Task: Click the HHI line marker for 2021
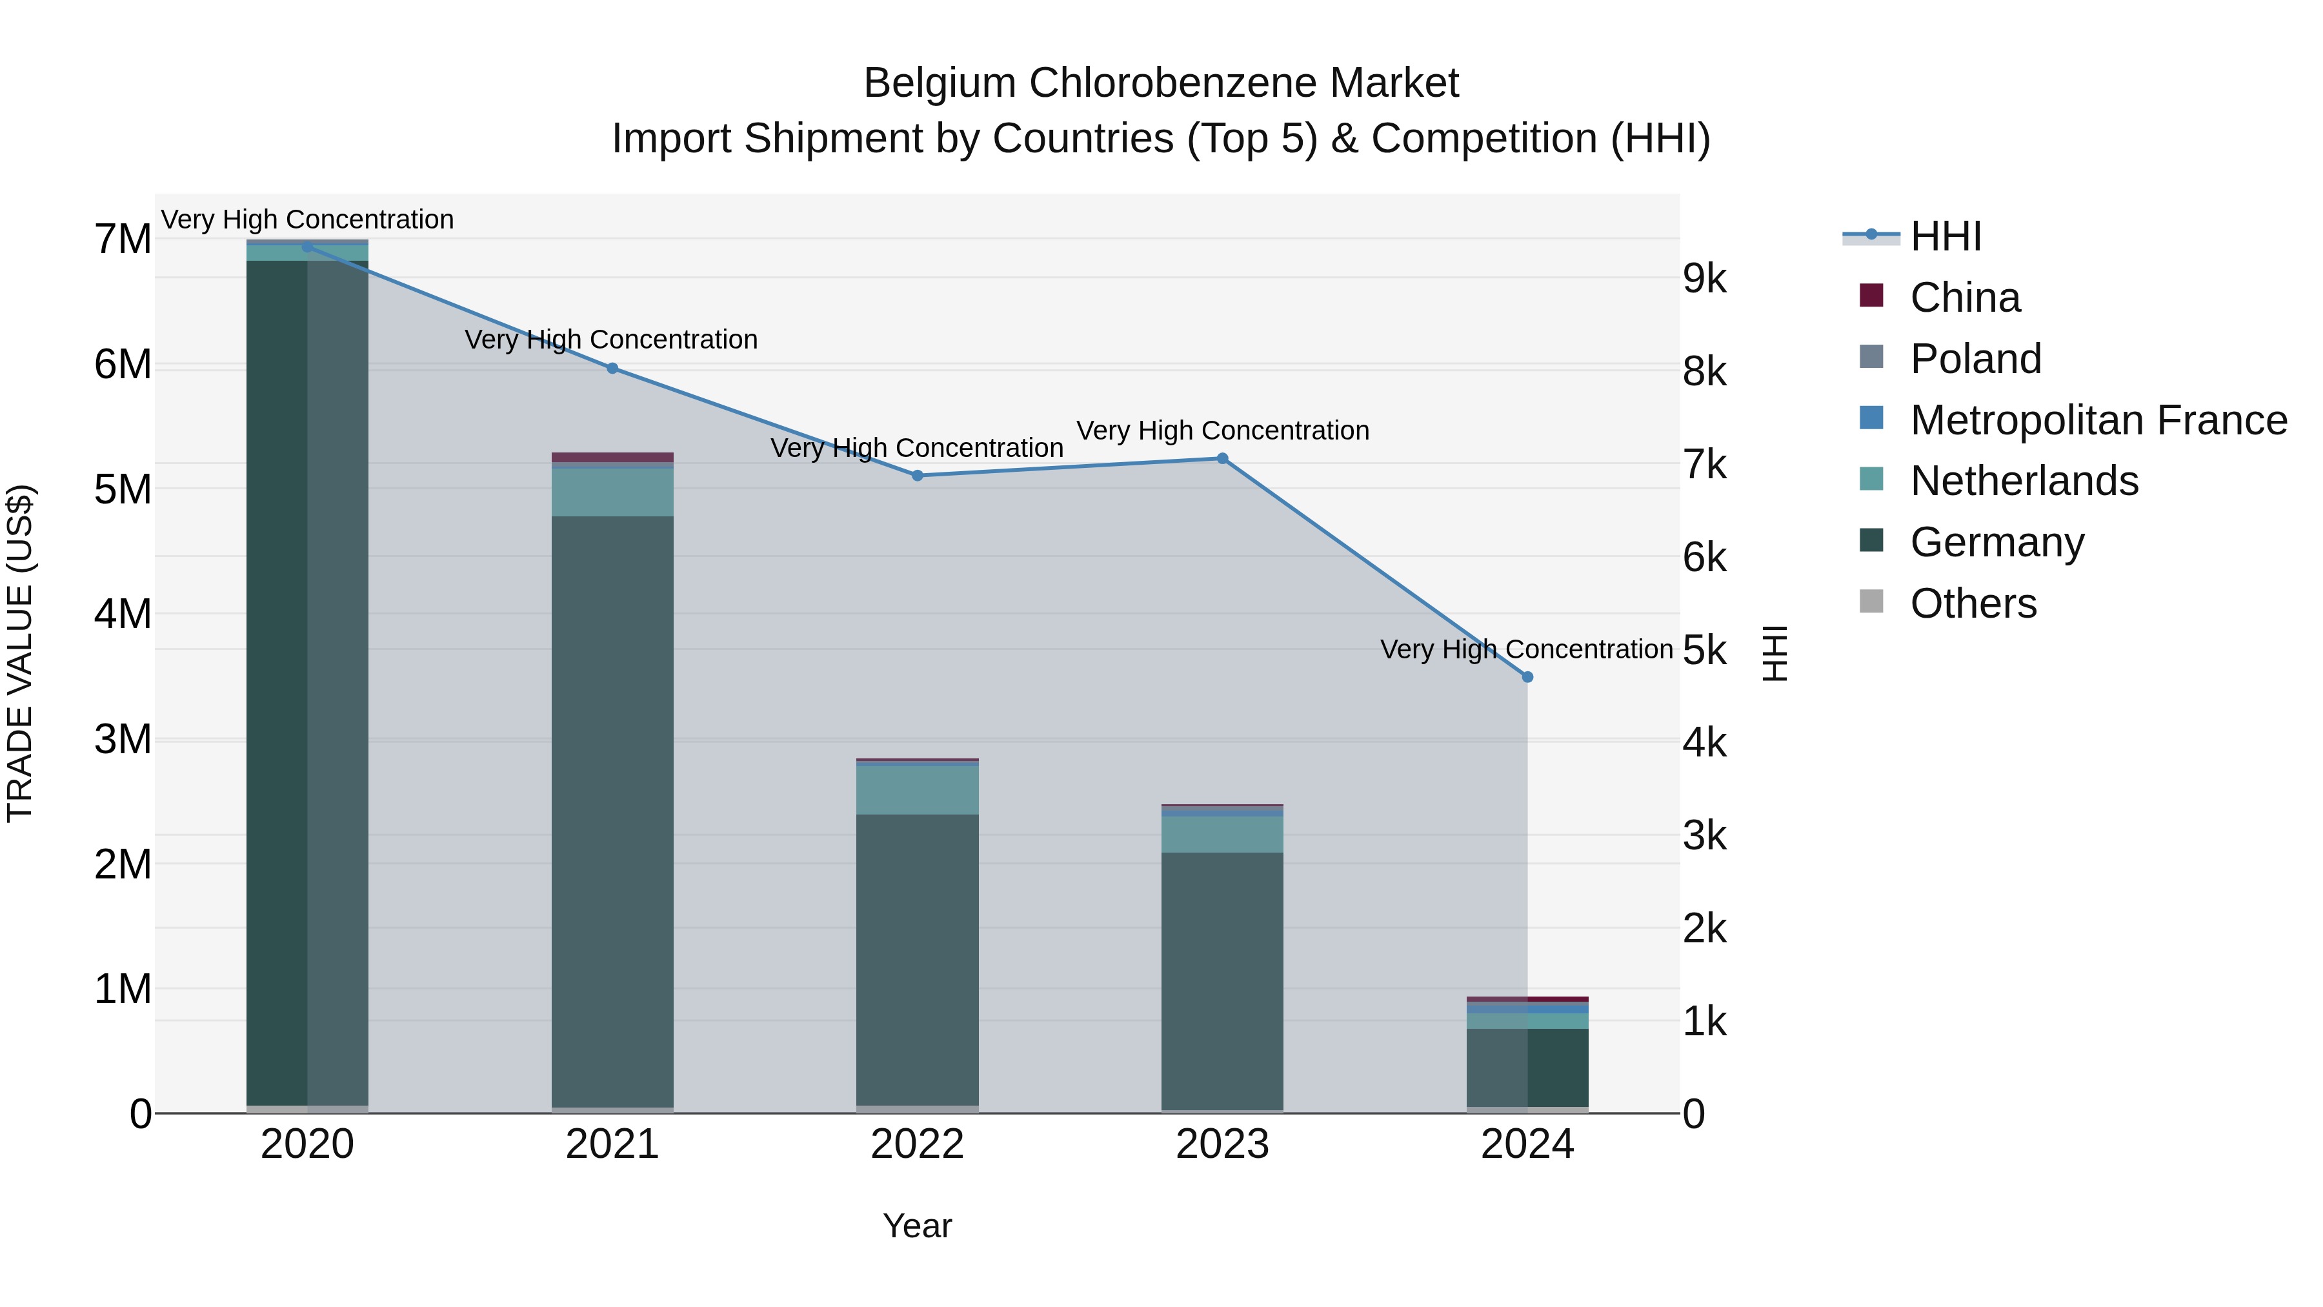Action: coord(612,368)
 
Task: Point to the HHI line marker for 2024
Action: coord(1527,676)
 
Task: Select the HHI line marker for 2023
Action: coord(1223,458)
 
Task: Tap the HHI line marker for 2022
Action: coord(917,475)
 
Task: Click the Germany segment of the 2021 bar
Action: coord(612,812)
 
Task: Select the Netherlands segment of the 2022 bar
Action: coord(917,790)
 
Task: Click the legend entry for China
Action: coord(1964,298)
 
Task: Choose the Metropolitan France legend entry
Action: coord(2098,420)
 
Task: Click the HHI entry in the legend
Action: coord(1945,236)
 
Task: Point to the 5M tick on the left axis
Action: coord(123,490)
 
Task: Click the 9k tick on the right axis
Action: coord(1704,279)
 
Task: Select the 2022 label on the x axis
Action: coord(917,1144)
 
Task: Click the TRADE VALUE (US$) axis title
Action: coord(20,653)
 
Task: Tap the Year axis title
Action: coord(917,1226)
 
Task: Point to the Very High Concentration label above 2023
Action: coord(1223,431)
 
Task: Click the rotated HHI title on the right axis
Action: coord(1774,653)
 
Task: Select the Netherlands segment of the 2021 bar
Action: coord(612,492)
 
